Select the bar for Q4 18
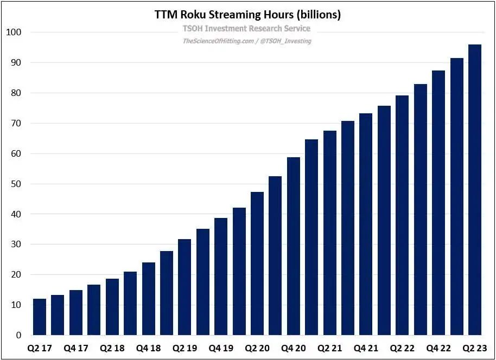(x=149, y=299)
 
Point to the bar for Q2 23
(x=475, y=190)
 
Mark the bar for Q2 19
(x=185, y=287)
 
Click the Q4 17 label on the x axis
(x=75, y=348)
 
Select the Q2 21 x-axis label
(x=330, y=348)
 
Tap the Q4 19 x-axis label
(x=221, y=348)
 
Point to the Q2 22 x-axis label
(x=403, y=348)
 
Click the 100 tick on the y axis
(x=13, y=33)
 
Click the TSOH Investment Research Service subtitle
(x=245, y=28)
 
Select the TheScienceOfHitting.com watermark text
(x=219, y=41)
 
